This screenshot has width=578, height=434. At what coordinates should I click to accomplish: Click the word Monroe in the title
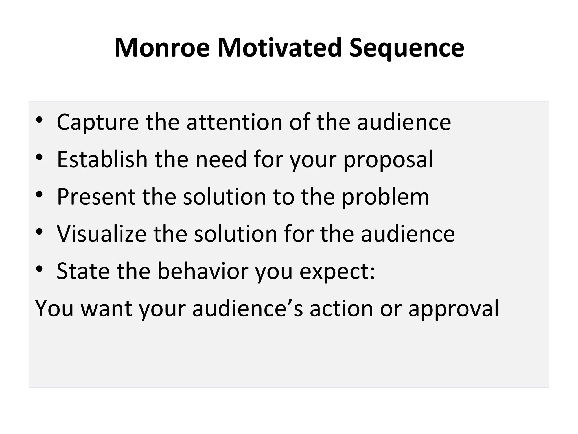pyautogui.click(x=162, y=48)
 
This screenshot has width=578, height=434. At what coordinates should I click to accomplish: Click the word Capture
pyautogui.click(x=98, y=122)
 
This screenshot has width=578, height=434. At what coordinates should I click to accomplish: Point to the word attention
pyautogui.click(x=234, y=122)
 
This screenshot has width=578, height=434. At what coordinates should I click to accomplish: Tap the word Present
pyautogui.click(x=96, y=197)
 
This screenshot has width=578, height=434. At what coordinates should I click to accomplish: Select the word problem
pyautogui.click(x=386, y=197)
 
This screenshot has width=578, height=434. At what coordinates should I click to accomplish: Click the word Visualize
pyautogui.click(x=102, y=234)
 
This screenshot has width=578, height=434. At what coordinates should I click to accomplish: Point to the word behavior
pyautogui.click(x=203, y=271)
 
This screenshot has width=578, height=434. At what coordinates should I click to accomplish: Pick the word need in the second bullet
pyautogui.click(x=221, y=159)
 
